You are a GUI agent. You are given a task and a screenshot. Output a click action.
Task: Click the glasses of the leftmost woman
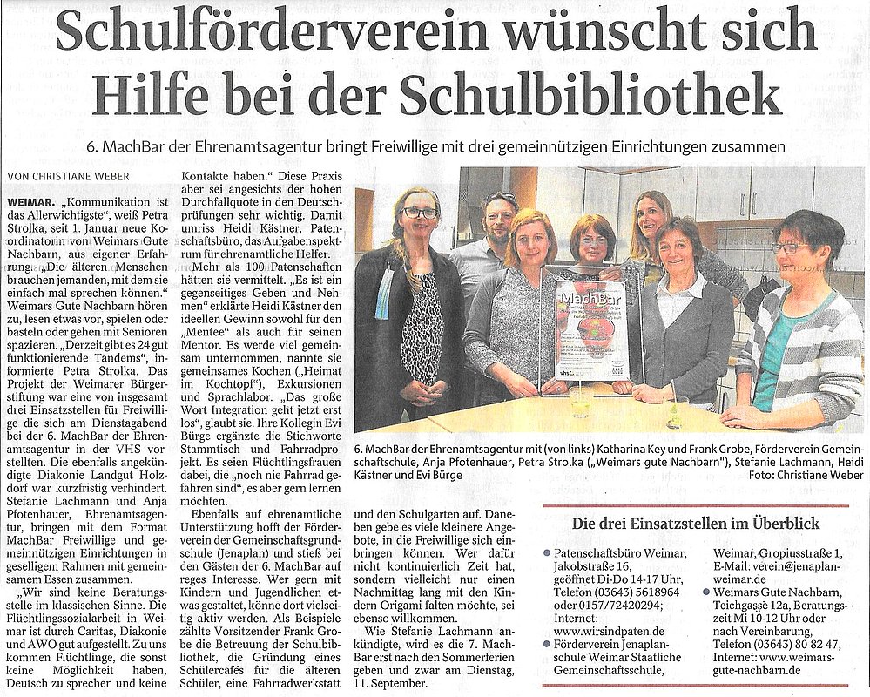coord(419,213)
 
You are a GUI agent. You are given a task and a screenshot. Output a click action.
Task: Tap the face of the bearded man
coord(498,217)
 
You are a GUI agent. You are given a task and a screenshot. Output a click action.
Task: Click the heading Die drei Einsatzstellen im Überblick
coord(694,524)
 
